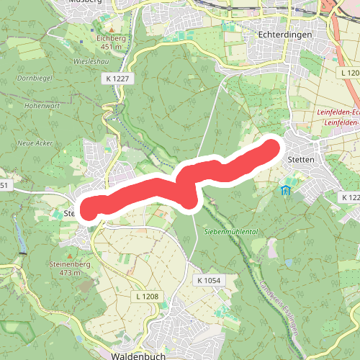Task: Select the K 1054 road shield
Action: point(207,279)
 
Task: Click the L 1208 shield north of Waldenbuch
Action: point(146,296)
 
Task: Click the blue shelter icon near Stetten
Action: point(286,191)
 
